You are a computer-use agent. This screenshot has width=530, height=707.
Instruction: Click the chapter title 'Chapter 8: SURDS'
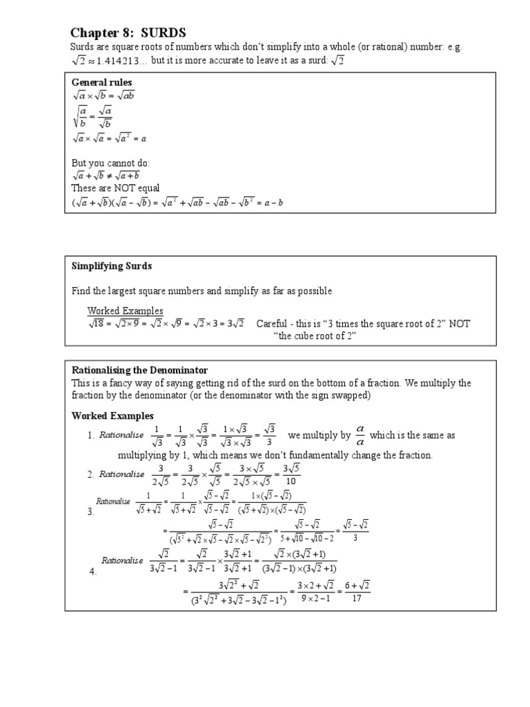point(129,33)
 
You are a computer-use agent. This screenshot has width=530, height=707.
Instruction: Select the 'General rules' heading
point(101,83)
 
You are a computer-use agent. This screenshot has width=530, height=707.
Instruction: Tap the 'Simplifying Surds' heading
point(112,266)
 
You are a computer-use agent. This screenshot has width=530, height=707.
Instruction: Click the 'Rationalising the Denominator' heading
point(139,371)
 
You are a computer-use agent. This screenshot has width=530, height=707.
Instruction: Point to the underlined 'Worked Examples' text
point(125,311)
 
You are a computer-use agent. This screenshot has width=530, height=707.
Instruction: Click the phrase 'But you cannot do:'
point(110,164)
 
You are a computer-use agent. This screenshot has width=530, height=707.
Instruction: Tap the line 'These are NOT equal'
point(115,187)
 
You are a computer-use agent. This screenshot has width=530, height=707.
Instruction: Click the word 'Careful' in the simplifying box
point(273,324)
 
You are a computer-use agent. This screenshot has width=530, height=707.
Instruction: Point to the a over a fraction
point(360,436)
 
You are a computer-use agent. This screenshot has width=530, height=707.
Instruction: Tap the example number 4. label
point(94,572)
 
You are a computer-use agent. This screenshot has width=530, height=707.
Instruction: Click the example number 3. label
point(90,512)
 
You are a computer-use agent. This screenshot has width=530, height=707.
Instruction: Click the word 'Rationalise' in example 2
point(121,474)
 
